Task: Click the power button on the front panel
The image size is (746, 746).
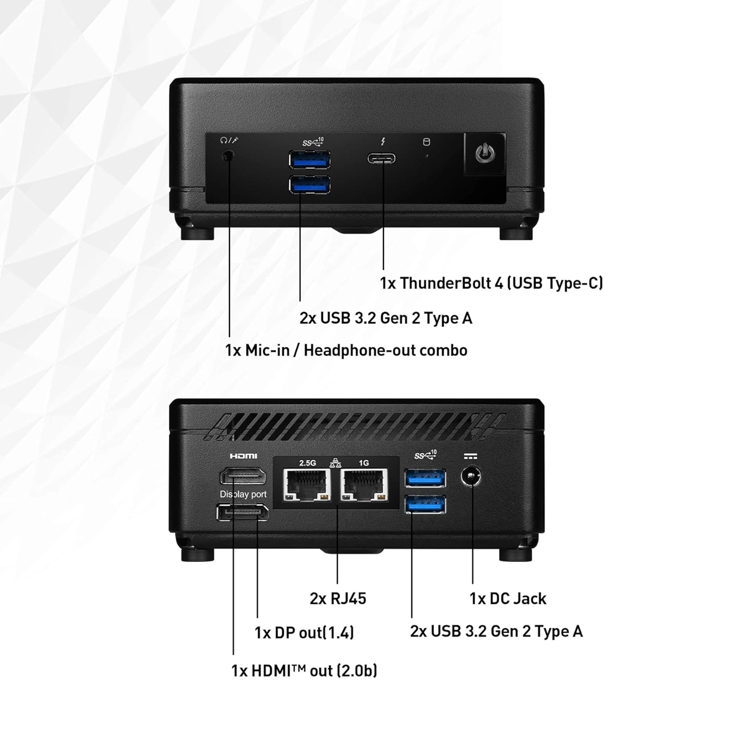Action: pos(484,153)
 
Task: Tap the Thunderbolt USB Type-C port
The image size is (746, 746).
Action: pos(382,157)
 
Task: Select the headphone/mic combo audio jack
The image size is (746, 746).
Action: pos(229,155)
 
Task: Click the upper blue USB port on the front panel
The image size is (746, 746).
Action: pos(310,160)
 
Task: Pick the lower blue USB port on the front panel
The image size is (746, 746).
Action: pos(310,185)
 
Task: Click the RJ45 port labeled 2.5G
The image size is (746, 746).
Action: pos(306,484)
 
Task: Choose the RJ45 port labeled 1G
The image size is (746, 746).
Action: pos(364,484)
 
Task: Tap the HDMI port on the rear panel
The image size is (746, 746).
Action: pos(242,477)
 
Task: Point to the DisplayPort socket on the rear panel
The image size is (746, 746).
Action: pos(242,513)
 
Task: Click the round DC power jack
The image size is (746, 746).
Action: pos(472,478)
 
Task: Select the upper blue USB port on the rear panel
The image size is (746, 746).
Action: pos(425,478)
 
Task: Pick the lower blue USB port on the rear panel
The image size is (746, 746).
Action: pos(425,504)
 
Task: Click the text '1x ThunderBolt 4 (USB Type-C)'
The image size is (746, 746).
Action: pos(491,283)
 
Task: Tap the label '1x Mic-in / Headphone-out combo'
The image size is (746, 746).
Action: pos(346,351)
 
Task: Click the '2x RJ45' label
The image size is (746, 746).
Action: pos(338,599)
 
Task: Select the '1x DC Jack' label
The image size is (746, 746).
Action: pos(507,599)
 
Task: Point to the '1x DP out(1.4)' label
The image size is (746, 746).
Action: pos(304,633)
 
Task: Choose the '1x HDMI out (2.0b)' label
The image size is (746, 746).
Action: pos(304,671)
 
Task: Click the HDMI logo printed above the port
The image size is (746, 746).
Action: pos(243,456)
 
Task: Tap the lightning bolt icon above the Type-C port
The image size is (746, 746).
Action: pos(382,142)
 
